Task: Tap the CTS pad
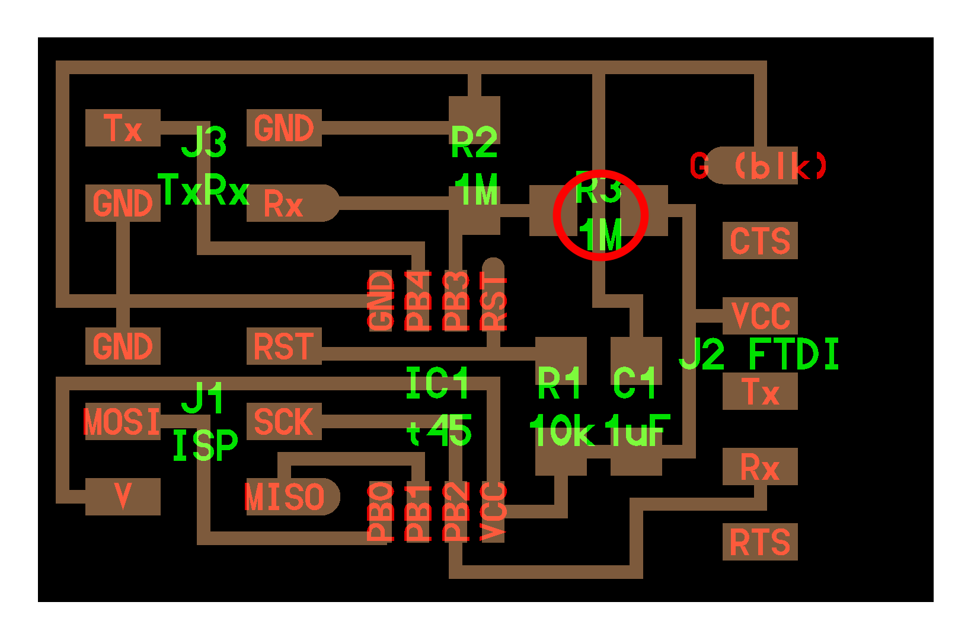pos(760,240)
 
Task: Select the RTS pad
pos(760,542)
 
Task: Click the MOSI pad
pos(123,421)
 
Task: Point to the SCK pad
pos(284,421)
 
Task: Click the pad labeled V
pos(123,496)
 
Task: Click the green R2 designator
pos(474,142)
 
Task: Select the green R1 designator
pos(558,383)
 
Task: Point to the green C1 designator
pos(634,383)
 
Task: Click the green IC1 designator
pos(437,383)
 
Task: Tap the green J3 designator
pos(204,142)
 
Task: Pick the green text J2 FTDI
pos(759,354)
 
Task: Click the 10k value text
pos(562,430)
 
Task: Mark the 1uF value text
pos(637,430)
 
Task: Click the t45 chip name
pos(439,430)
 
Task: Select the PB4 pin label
pos(418,301)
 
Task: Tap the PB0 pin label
pos(380,512)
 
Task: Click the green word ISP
pos(206,445)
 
